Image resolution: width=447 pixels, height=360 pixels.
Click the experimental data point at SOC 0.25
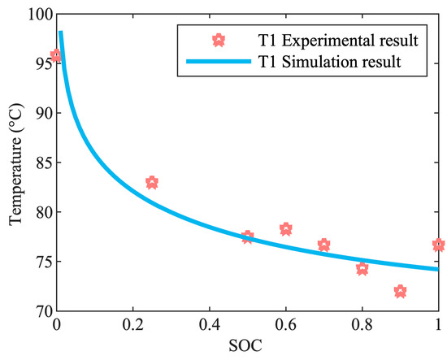(152, 183)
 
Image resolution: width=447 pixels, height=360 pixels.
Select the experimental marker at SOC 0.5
(247, 237)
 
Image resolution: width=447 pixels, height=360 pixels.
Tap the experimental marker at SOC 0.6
(285, 229)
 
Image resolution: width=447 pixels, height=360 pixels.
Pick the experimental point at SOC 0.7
(323, 245)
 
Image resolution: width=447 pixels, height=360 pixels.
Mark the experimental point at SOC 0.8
(362, 268)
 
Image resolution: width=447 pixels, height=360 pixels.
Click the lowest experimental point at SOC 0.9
(400, 291)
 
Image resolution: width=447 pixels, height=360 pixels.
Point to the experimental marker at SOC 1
(438, 245)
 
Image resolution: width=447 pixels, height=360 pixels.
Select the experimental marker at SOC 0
(56, 56)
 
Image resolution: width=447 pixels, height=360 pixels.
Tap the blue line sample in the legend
(217, 61)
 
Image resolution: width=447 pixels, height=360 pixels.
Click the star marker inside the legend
(217, 39)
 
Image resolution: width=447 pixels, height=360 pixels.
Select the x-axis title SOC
(247, 347)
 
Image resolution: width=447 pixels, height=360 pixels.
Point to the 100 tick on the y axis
(37, 15)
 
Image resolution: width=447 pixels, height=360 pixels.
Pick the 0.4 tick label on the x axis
(209, 325)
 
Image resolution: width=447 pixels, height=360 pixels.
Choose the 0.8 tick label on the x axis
(362, 325)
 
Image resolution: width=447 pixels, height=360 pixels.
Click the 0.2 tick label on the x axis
(132, 325)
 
